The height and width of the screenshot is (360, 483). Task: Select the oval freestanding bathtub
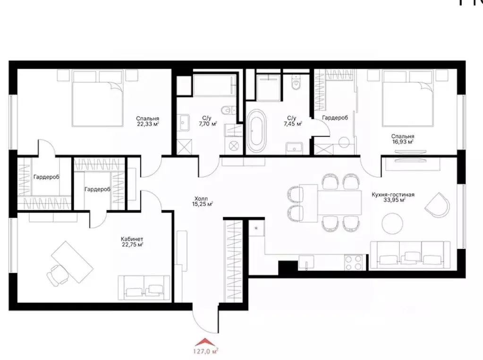coord(257,131)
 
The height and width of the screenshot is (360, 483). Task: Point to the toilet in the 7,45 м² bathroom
coord(296,83)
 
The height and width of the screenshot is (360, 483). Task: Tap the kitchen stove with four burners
coord(353,260)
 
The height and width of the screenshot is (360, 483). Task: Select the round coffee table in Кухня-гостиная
coord(395,223)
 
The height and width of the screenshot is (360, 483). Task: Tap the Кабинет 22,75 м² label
coord(132,241)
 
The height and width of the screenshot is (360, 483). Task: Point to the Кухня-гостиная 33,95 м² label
coord(387,197)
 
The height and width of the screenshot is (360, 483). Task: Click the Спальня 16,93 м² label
coord(402,138)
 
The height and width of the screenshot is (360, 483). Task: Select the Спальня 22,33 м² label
coord(147,121)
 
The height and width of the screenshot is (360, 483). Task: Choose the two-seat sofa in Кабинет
coord(144,288)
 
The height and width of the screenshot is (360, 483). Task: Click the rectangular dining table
coord(332,202)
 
